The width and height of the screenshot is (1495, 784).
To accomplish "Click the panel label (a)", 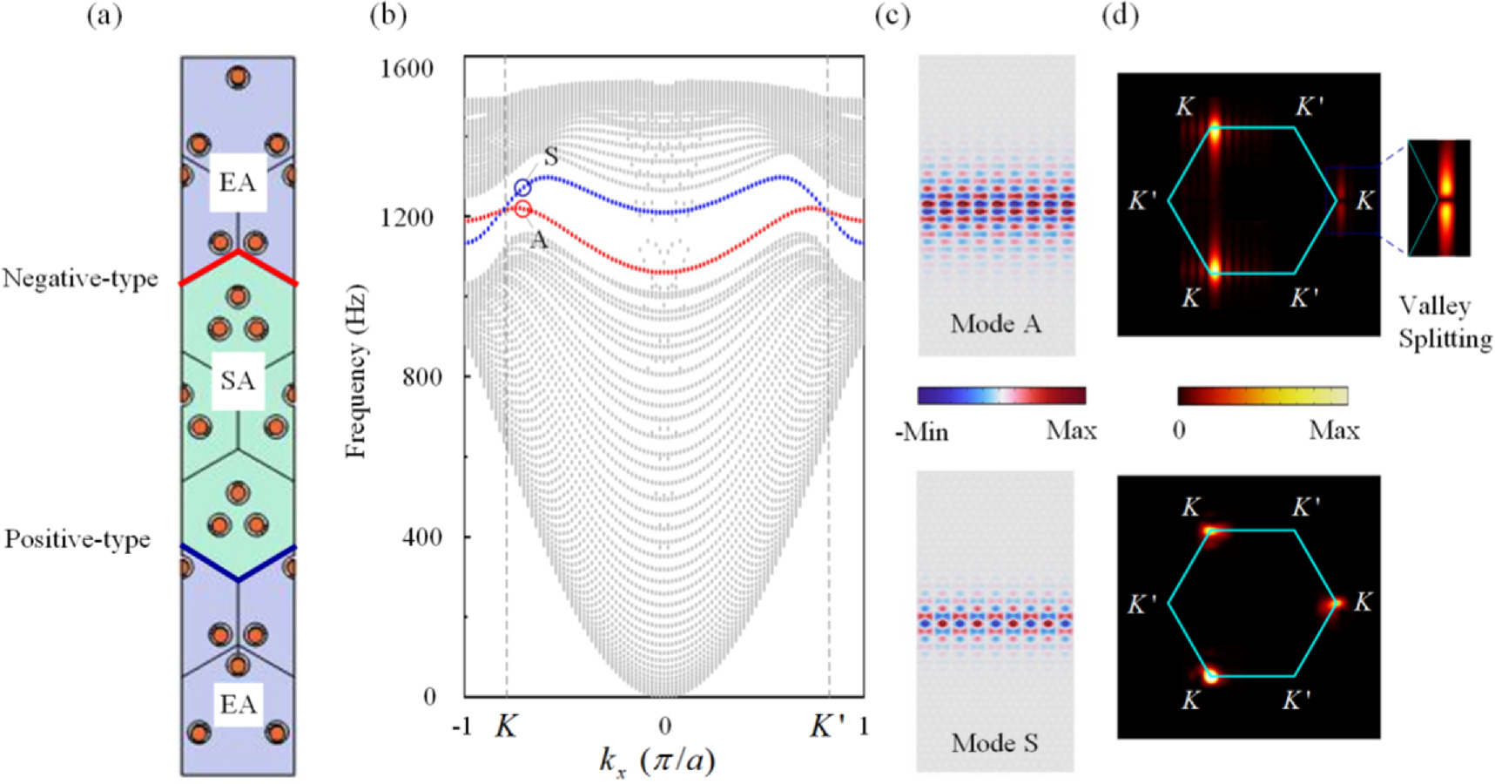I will pyautogui.click(x=104, y=16).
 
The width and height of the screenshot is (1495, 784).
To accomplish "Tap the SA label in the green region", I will pyautogui.click(x=238, y=381).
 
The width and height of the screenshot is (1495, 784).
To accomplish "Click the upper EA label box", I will pyautogui.click(x=238, y=182).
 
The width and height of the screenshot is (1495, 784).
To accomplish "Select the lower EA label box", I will pyautogui.click(x=238, y=704).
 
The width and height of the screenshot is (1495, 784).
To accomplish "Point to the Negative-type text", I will pyautogui.click(x=80, y=279).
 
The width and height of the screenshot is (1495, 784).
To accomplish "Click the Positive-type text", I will pyautogui.click(x=77, y=539).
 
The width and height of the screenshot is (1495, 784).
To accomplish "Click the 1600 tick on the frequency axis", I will pyautogui.click(x=407, y=68).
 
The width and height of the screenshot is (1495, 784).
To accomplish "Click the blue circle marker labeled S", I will pyautogui.click(x=522, y=188).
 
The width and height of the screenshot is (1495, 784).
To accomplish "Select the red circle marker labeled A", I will pyautogui.click(x=522, y=209).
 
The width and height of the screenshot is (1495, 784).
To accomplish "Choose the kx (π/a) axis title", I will pyautogui.click(x=657, y=760).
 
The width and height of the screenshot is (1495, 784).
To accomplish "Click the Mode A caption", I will pyautogui.click(x=995, y=324).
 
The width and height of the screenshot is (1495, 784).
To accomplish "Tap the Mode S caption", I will pyautogui.click(x=994, y=743).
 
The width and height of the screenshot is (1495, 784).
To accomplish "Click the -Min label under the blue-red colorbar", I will pyautogui.click(x=921, y=430).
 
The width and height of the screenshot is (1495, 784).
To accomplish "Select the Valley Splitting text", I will pyautogui.click(x=1444, y=321).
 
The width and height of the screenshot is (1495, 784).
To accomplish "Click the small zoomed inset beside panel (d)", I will pyautogui.click(x=1439, y=198).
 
